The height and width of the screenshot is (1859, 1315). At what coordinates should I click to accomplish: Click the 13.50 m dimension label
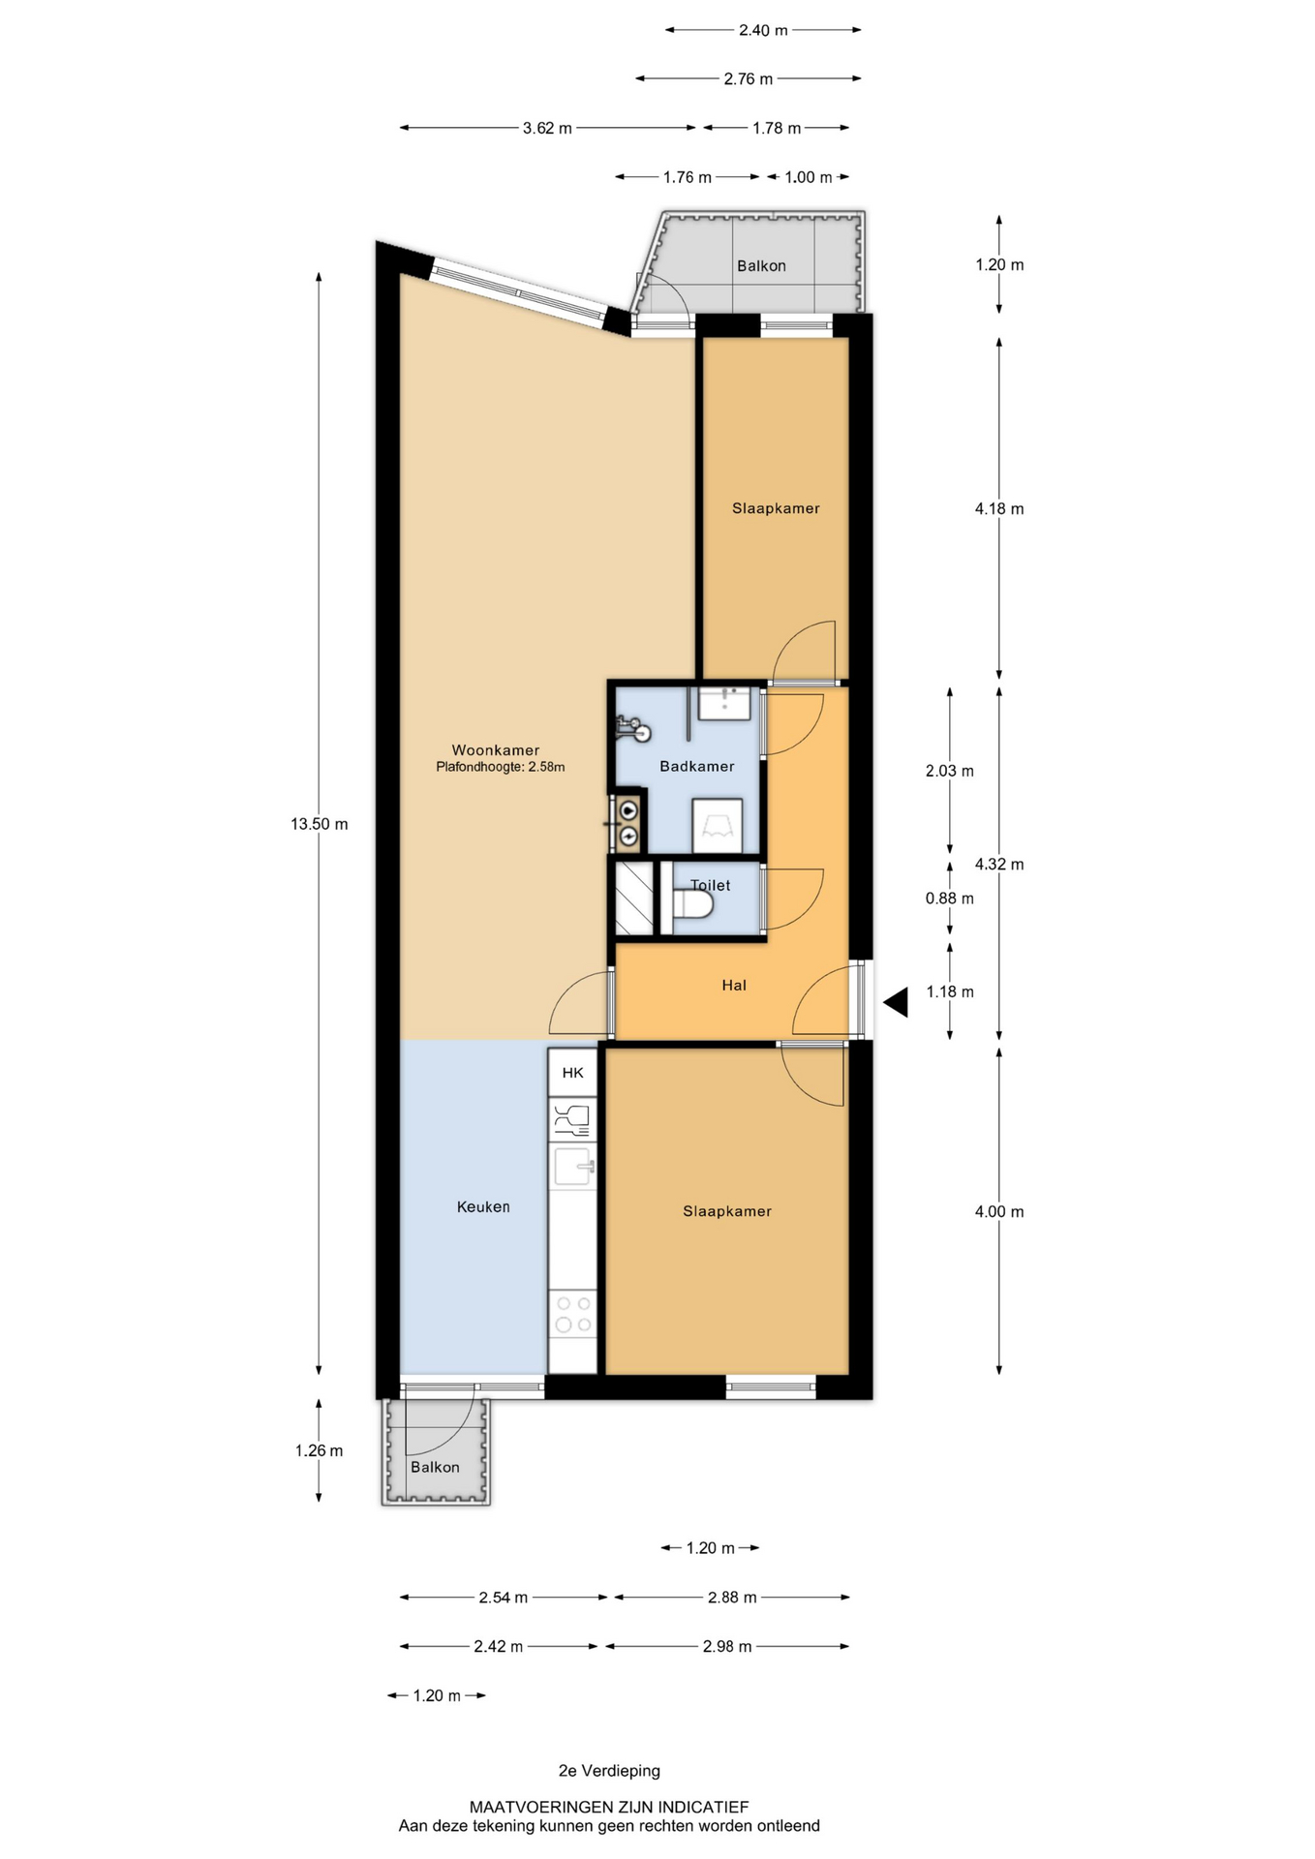click(x=319, y=824)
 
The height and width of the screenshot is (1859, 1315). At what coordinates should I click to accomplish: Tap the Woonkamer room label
click(x=496, y=750)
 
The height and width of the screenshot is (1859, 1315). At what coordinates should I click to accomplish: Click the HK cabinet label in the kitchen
click(x=573, y=1073)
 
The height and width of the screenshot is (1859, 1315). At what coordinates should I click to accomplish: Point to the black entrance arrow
click(x=896, y=1002)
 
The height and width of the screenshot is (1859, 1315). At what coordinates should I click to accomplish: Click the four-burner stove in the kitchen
click(x=572, y=1314)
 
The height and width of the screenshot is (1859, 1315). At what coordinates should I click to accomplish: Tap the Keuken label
click(x=483, y=1206)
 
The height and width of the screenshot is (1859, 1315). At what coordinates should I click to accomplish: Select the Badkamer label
click(x=697, y=766)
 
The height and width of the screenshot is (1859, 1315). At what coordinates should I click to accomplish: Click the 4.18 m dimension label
click(x=999, y=508)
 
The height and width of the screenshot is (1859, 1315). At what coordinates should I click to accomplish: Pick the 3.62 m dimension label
click(x=547, y=128)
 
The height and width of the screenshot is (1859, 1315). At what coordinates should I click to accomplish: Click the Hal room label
click(x=734, y=986)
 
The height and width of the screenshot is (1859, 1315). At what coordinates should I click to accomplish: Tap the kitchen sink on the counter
click(x=572, y=1166)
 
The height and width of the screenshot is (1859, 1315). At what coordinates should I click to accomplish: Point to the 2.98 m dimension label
click(x=727, y=1646)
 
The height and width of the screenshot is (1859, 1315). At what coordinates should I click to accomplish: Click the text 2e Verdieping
click(x=609, y=1771)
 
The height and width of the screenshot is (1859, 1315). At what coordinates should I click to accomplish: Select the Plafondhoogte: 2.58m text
click(x=501, y=767)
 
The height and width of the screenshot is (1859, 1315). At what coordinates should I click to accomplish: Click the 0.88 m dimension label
click(x=950, y=899)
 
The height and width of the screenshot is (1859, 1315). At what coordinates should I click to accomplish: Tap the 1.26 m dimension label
click(x=319, y=1450)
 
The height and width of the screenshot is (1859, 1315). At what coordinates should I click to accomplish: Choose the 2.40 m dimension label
click(x=763, y=30)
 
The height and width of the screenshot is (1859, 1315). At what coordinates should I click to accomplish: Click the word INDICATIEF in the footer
click(x=702, y=1807)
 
